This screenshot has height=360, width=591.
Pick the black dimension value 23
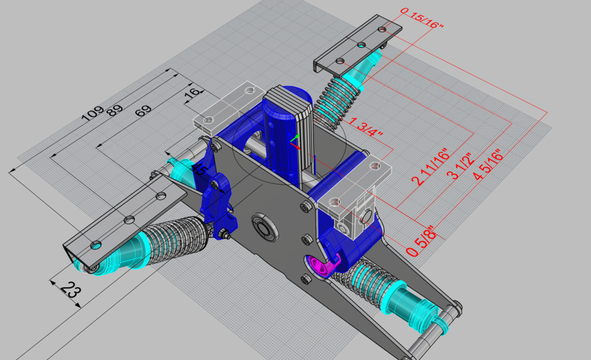pos(70,290)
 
